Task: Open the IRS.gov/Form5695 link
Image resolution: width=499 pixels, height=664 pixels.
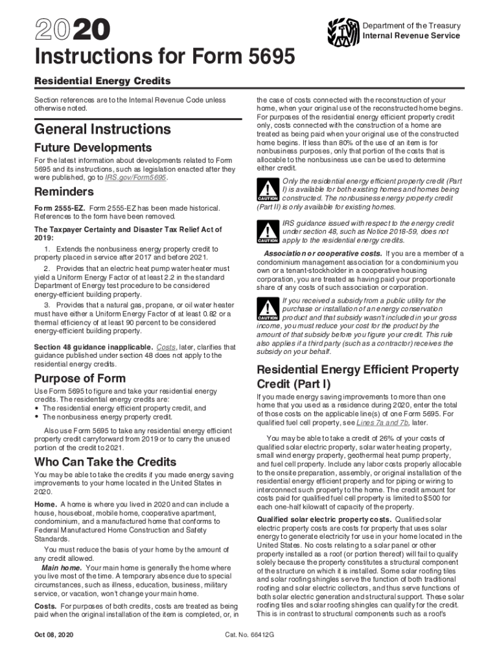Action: (136, 177)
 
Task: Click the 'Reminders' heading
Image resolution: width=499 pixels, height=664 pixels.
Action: (64, 192)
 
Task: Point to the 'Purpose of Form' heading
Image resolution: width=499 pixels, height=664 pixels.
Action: (80, 378)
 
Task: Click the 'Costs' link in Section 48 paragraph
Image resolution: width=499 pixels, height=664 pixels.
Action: (167, 347)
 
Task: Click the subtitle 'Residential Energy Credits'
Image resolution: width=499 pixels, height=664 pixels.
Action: (102, 81)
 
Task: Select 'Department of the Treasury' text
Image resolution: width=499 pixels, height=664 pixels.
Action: (412, 26)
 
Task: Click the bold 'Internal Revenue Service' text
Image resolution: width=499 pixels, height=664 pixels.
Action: (412, 36)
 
